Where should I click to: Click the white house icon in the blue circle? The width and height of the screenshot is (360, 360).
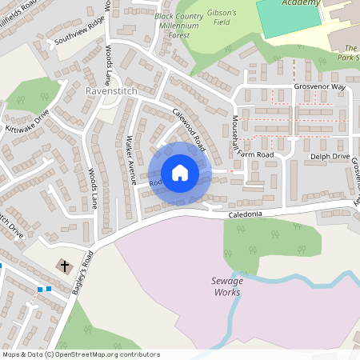(179, 173)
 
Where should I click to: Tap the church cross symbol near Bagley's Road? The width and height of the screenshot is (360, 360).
(62, 265)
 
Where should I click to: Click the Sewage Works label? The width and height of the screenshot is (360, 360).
(227, 286)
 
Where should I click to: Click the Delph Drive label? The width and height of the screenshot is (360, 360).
(330, 157)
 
